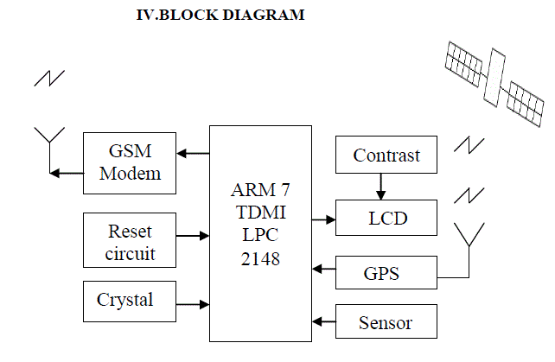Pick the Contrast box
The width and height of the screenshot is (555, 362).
[386, 156]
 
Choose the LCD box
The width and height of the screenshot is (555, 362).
[386, 219]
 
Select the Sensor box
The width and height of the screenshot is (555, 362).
[386, 322]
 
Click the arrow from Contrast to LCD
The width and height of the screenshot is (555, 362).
[380, 187]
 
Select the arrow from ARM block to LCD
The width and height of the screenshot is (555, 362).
[323, 219]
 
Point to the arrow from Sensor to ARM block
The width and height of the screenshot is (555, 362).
[323, 322]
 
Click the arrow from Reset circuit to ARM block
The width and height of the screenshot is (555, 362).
[191, 234]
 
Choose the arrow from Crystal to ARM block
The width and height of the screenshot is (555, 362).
[191, 304]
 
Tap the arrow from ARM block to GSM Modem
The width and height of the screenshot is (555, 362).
[193, 154]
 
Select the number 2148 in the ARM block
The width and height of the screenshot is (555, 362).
[260, 258]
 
